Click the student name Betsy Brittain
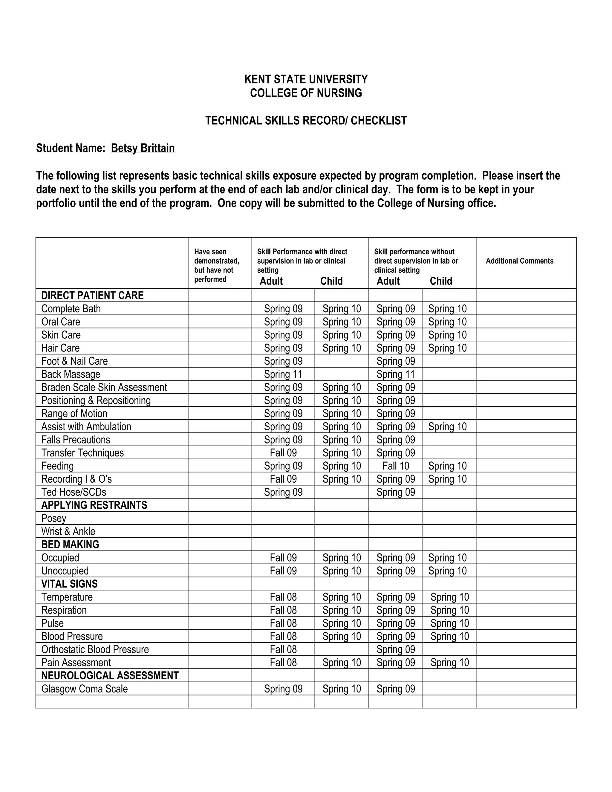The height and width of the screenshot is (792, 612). click(x=143, y=148)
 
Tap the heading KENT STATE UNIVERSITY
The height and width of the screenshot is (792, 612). click(x=306, y=79)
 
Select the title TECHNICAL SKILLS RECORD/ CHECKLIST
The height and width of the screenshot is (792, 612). click(x=306, y=120)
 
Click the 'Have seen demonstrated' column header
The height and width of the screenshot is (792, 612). click(x=216, y=265)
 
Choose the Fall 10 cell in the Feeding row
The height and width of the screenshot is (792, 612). click(x=396, y=466)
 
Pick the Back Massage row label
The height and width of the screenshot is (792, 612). click(x=71, y=374)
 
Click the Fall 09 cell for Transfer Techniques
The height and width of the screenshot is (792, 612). click(x=283, y=452)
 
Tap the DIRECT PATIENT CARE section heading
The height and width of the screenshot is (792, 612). click(x=92, y=296)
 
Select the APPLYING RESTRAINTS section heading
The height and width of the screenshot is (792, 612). click(x=94, y=505)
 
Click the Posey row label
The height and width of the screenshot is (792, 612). click(x=54, y=518)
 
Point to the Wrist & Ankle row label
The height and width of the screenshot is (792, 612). click(x=68, y=531)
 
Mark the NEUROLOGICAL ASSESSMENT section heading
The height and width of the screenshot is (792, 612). click(x=110, y=676)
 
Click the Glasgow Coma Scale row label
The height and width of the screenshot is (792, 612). click(x=85, y=689)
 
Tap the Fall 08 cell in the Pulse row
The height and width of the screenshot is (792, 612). click(x=283, y=623)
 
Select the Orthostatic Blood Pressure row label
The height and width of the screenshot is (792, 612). click(x=95, y=649)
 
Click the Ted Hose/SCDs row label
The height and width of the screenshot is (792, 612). click(x=74, y=492)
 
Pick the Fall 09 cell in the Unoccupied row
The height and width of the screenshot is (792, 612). click(x=283, y=571)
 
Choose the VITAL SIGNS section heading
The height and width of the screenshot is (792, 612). click(x=69, y=584)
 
